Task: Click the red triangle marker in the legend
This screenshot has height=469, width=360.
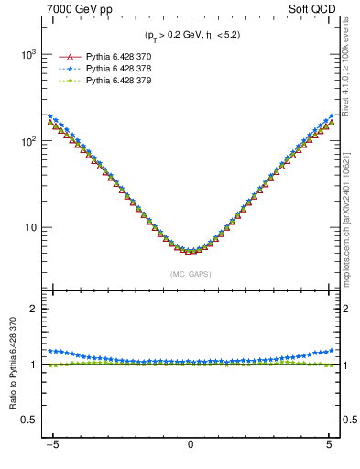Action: [64, 56]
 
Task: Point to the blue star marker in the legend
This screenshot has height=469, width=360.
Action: [64, 69]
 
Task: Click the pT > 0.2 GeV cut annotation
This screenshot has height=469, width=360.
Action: [191, 36]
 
